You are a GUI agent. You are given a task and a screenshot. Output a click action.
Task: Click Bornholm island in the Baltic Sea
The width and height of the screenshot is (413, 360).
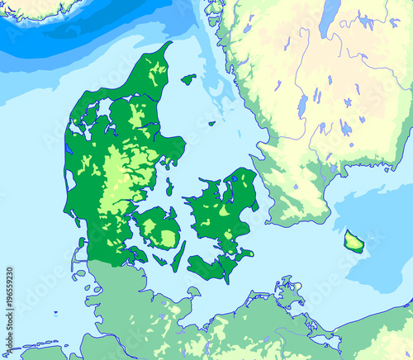(354, 241)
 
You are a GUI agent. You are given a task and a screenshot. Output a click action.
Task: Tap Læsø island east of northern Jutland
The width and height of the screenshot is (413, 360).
(189, 79)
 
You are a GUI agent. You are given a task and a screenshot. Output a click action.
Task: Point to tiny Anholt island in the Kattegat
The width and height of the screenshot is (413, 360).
(211, 124)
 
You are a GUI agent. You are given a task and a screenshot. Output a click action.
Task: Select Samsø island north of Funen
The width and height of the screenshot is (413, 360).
(169, 187)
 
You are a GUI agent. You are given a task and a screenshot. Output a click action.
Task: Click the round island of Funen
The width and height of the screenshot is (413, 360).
(158, 229)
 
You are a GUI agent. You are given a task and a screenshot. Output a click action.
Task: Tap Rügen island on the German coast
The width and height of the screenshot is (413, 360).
(289, 293)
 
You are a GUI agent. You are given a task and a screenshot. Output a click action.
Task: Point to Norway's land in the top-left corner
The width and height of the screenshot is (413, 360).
(33, 7)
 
